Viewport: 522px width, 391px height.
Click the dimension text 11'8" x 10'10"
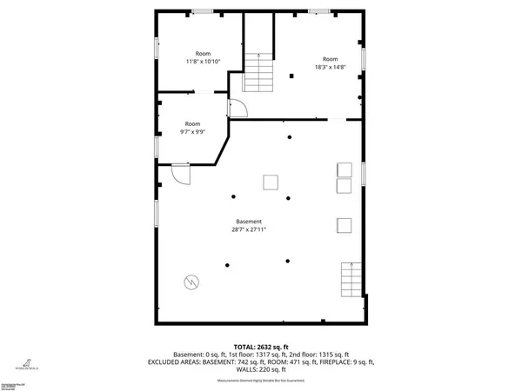(x=203, y=62)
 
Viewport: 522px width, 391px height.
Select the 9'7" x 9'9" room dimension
(x=192, y=132)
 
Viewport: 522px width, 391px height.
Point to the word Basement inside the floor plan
(x=248, y=222)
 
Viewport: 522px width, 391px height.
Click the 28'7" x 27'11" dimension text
(x=248, y=230)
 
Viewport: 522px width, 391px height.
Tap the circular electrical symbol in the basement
(x=191, y=282)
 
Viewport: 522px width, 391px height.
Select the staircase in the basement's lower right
(x=351, y=280)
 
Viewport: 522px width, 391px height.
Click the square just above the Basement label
(x=271, y=182)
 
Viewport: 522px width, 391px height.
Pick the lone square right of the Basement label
(x=343, y=225)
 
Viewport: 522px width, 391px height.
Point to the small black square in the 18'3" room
(x=291, y=77)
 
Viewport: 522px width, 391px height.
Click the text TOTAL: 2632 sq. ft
(x=260, y=346)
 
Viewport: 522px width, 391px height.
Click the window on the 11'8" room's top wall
(x=203, y=10)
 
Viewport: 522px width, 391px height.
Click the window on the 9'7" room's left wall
(x=157, y=145)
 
